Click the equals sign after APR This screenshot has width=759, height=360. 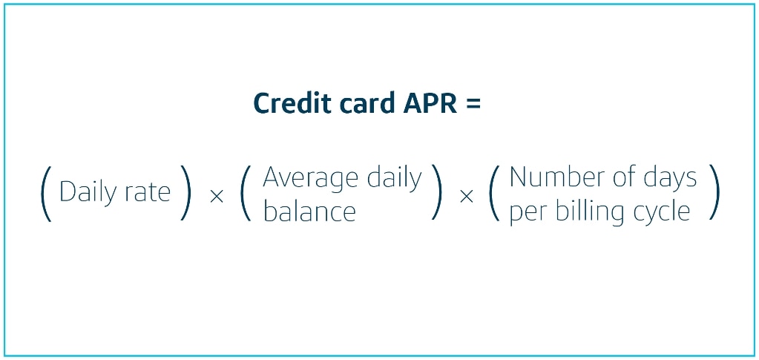[474, 104]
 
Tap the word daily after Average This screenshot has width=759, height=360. [394, 177]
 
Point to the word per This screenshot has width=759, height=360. [528, 214]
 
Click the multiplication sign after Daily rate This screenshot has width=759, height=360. [217, 197]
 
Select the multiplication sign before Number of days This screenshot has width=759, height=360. [466, 197]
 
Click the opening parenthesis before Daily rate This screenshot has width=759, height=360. [45, 194]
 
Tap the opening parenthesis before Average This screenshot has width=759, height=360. [246, 193]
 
